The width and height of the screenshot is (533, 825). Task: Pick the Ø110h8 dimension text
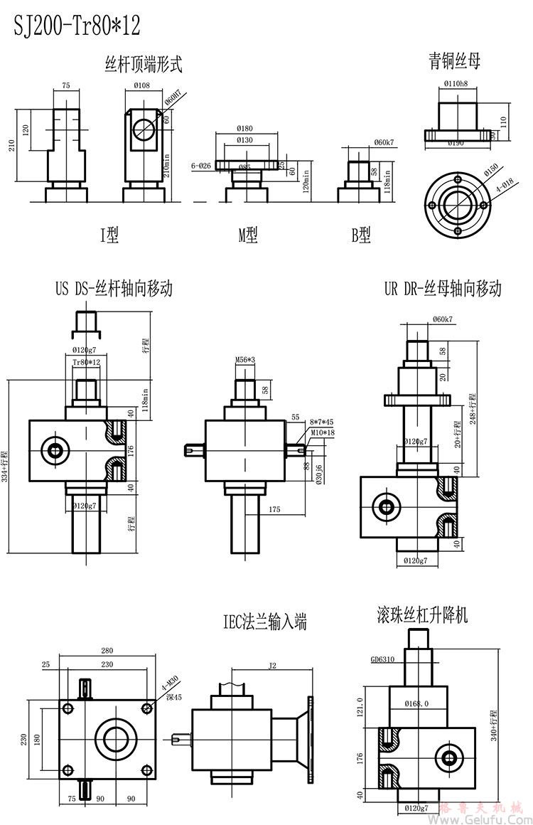(455, 85)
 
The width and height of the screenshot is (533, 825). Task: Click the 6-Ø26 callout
(203, 166)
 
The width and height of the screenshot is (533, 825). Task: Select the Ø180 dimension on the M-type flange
(246, 128)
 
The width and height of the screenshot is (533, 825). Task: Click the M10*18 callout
(321, 432)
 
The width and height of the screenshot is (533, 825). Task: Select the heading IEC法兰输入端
(264, 624)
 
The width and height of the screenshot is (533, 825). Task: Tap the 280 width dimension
(107, 651)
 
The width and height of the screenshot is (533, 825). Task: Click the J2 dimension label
(272, 666)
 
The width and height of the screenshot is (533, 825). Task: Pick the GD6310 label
(384, 659)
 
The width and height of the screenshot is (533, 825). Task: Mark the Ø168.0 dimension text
(417, 704)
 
